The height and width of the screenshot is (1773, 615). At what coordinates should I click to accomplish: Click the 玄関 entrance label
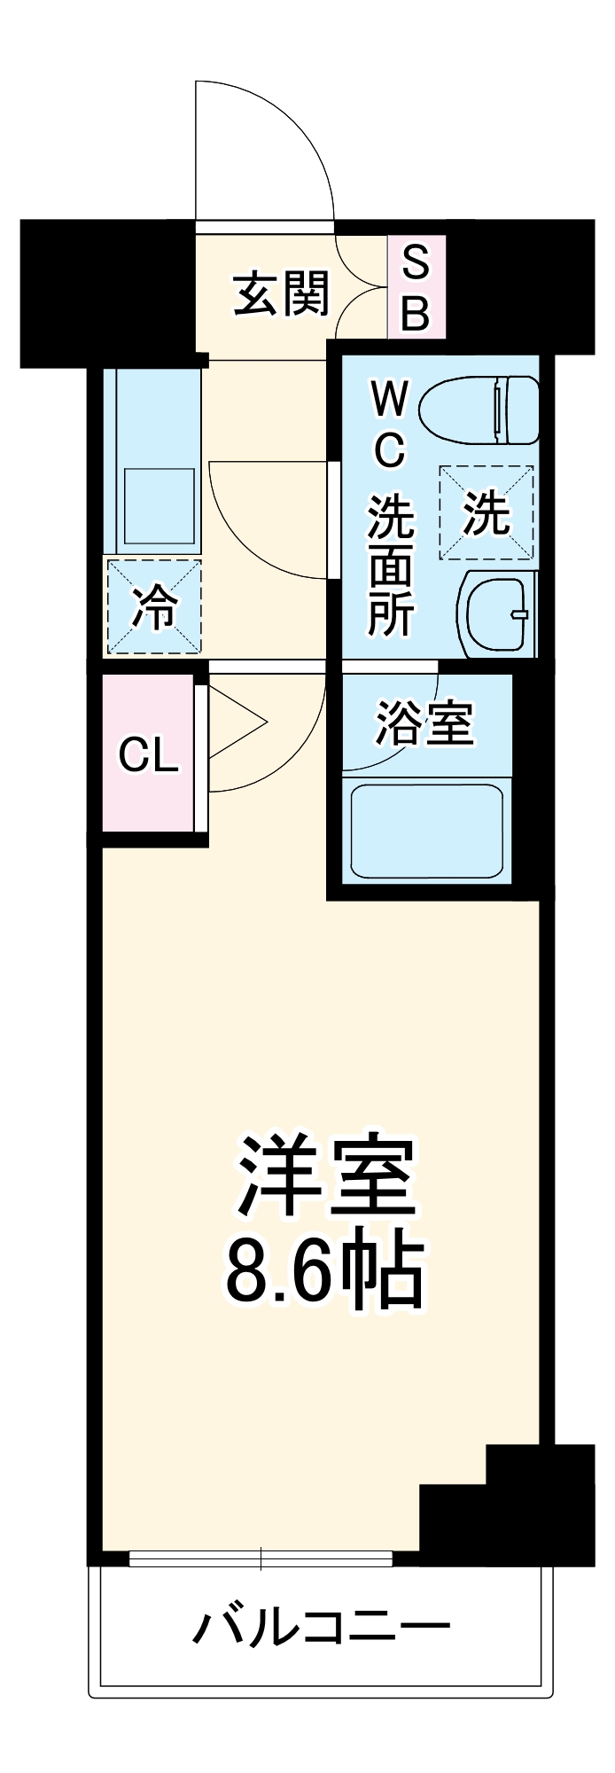pyautogui.click(x=281, y=293)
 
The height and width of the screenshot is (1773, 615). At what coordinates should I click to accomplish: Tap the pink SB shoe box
pyautogui.click(x=416, y=286)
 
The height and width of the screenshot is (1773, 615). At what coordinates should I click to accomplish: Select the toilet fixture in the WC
pyautogui.click(x=479, y=410)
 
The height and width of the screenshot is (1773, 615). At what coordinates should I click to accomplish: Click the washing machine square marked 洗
pyautogui.click(x=487, y=513)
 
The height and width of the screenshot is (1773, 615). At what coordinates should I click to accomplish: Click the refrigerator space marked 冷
pyautogui.click(x=154, y=607)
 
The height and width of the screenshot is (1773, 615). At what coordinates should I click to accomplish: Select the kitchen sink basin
pyautogui.click(x=160, y=505)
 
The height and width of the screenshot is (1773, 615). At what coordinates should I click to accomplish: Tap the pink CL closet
pyautogui.click(x=148, y=754)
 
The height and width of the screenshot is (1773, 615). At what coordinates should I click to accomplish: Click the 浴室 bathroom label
pyautogui.click(x=424, y=722)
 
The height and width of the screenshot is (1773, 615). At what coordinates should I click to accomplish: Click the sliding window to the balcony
pyautogui.click(x=261, y=1558)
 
